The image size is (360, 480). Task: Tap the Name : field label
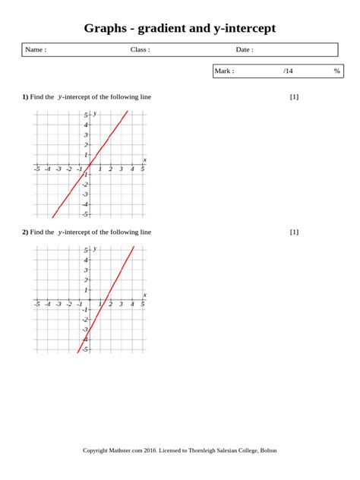pyautogui.click(x=36, y=50)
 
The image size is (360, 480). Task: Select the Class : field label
pyautogui.click(x=141, y=50)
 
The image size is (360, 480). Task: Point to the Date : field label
pyautogui.click(x=245, y=50)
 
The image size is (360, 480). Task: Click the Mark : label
pyautogui.click(x=225, y=71)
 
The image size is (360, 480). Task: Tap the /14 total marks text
pyautogui.click(x=288, y=71)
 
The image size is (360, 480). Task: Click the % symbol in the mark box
pyautogui.click(x=336, y=71)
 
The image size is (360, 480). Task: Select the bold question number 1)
pyautogui.click(x=25, y=97)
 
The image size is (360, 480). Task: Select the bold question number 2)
pyautogui.click(x=25, y=232)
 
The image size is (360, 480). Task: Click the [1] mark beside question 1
pyautogui.click(x=295, y=97)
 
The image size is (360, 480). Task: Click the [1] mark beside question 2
pyautogui.click(x=295, y=232)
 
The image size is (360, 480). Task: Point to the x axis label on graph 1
pyautogui.click(x=144, y=159)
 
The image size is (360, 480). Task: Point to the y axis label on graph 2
pyautogui.click(x=94, y=248)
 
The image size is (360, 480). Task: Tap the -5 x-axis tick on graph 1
pyautogui.click(x=36, y=169)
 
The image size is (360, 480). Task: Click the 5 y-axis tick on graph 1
pyautogui.click(x=87, y=115)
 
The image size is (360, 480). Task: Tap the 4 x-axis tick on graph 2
pyautogui.click(x=131, y=305)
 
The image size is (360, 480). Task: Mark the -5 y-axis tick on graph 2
pyautogui.click(x=86, y=349)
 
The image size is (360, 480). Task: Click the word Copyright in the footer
pyautogui.click(x=97, y=450)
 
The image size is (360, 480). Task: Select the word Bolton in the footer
pyautogui.click(x=268, y=450)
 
